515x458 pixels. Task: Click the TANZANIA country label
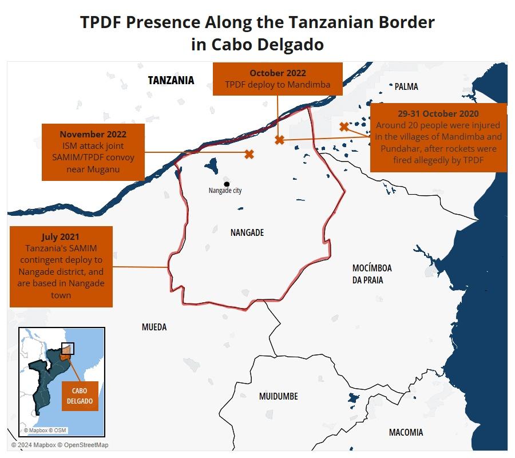[x=171, y=81]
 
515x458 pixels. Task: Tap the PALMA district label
[x=406, y=86]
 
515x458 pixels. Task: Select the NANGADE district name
[x=247, y=232]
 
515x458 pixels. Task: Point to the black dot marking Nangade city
[x=227, y=184]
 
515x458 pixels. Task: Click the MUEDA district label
[x=154, y=327]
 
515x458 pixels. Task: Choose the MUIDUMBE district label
[x=278, y=396]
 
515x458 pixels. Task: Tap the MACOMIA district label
[x=406, y=432]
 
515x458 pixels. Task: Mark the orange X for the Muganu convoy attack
[x=249, y=154]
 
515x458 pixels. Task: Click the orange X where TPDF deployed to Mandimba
[x=279, y=140]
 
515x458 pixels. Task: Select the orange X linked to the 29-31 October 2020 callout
[x=344, y=127]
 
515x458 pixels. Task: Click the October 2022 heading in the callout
[x=278, y=73]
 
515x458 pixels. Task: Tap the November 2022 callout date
[x=93, y=134]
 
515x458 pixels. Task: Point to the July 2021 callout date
[x=61, y=236]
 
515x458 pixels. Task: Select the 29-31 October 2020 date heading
[x=438, y=113]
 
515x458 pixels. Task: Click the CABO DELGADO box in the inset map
[x=80, y=396]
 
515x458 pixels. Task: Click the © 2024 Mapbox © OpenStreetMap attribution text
[x=60, y=445]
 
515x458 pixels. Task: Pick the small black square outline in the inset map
[x=68, y=349]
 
